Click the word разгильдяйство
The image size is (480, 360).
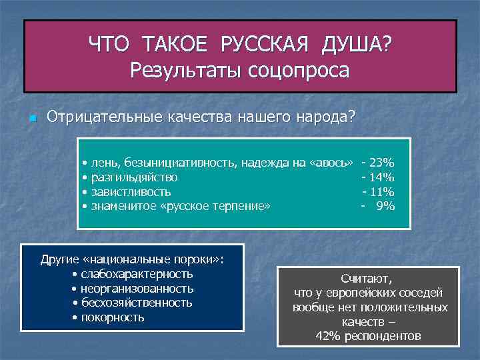(x=134, y=177)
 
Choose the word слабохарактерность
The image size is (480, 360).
(x=137, y=274)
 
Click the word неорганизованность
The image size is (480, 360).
(x=137, y=289)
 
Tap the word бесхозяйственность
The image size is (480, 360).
(x=137, y=303)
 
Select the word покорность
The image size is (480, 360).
(x=112, y=317)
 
